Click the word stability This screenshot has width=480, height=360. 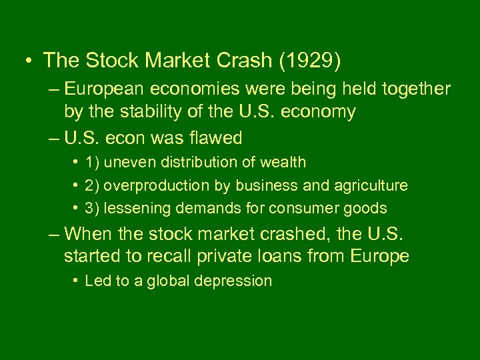(x=147, y=111)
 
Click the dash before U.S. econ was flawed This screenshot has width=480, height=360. (x=54, y=138)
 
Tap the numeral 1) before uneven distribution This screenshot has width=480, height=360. (x=93, y=162)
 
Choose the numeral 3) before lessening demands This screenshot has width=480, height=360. (x=93, y=209)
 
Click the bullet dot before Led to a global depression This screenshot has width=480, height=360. (x=76, y=281)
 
